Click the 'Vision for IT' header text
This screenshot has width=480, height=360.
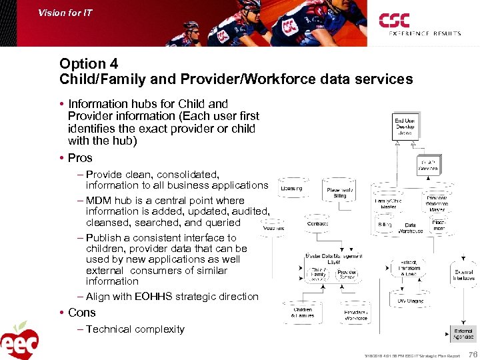point(65,12)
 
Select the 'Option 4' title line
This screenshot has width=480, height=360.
point(89,64)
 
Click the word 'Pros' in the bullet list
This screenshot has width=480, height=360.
point(80,158)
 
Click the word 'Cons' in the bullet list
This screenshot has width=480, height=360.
point(81,313)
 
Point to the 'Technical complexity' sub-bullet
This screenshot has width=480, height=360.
point(135,329)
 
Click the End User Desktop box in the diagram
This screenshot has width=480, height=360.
point(405,126)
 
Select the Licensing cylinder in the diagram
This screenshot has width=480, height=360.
point(292,189)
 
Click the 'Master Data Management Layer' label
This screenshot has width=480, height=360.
point(333,257)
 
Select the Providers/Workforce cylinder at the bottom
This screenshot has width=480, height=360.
point(355,314)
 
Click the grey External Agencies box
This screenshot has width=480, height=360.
point(463,334)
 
